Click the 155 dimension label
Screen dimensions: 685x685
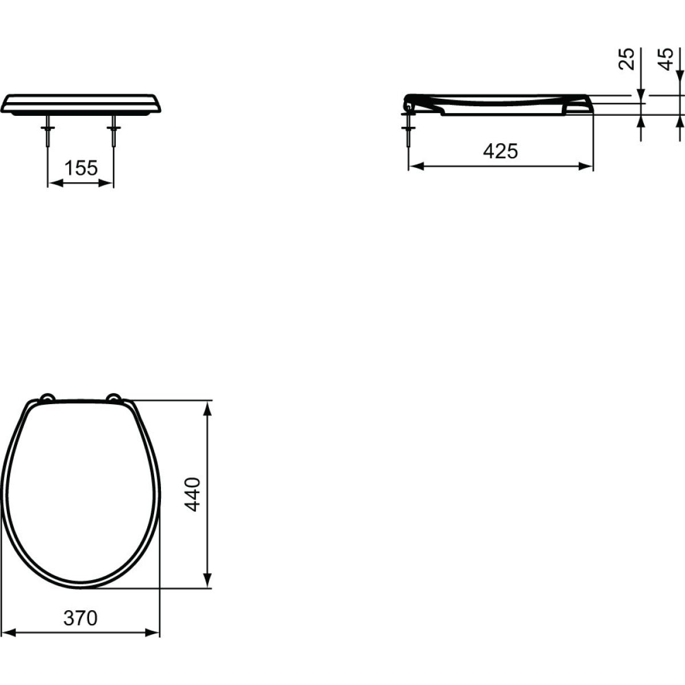click(x=80, y=168)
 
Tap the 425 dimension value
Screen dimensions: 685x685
click(x=500, y=151)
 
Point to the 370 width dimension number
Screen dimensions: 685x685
click(x=80, y=618)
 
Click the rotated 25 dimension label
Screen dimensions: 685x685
click(x=627, y=59)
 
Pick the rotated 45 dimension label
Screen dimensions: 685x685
click(x=666, y=59)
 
